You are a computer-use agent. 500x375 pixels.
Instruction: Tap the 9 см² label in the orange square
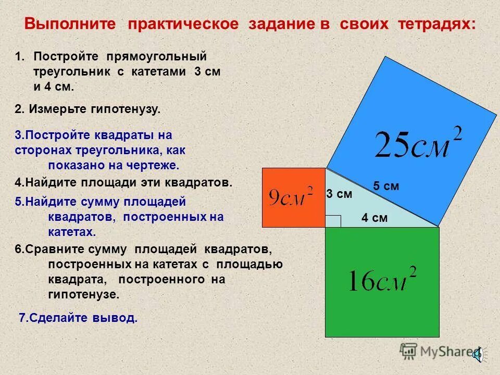(x=291, y=197)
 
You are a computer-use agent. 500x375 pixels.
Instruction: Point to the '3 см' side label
(x=339, y=194)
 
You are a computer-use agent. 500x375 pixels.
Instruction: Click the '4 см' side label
(x=374, y=218)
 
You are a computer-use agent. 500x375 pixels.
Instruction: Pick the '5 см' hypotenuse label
(x=386, y=186)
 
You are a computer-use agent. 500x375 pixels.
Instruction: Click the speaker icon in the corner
(x=478, y=354)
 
